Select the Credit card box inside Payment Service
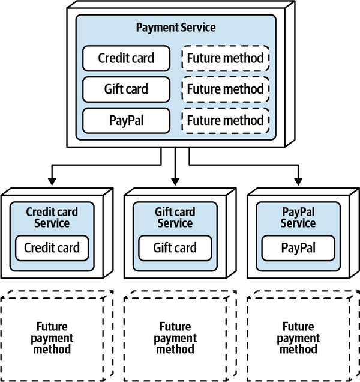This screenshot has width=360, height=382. (126, 58)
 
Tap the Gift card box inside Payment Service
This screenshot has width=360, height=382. (126, 89)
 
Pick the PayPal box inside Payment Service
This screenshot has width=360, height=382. (126, 121)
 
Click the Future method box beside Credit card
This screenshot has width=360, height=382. (225, 58)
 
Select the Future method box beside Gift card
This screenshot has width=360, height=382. (225, 89)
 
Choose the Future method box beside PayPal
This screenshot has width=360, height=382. (225, 121)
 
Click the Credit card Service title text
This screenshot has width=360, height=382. (52, 217)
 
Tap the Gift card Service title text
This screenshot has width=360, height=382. (175, 217)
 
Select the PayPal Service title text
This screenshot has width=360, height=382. (298, 217)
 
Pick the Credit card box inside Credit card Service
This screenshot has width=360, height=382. (52, 248)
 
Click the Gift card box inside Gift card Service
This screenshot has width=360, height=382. (175, 248)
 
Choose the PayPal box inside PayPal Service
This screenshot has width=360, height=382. (298, 248)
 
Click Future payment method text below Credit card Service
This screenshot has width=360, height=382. (52, 338)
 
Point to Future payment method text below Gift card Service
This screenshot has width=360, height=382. (175, 338)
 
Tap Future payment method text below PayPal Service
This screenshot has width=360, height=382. (298, 338)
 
